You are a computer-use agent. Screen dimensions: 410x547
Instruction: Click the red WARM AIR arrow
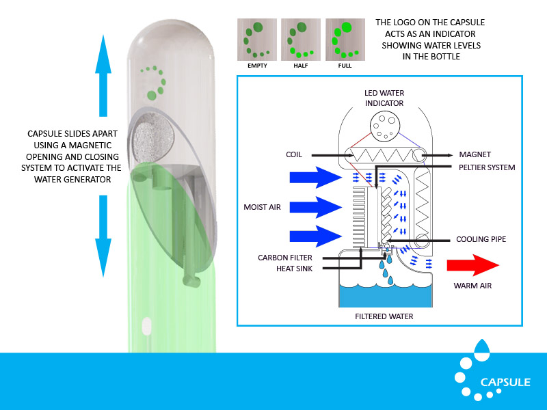(472, 264)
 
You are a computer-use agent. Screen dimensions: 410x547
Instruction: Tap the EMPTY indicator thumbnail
(256, 38)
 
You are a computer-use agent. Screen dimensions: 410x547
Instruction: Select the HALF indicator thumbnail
(300, 38)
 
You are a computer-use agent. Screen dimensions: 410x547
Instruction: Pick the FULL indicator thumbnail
(345, 38)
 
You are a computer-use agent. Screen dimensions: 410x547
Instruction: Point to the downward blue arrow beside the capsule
(102, 235)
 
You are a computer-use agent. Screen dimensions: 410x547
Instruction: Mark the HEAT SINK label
(287, 269)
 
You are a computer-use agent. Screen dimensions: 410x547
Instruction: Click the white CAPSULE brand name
(505, 383)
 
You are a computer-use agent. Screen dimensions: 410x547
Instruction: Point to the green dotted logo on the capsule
(156, 80)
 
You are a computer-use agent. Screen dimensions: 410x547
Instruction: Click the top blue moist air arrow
(315, 178)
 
